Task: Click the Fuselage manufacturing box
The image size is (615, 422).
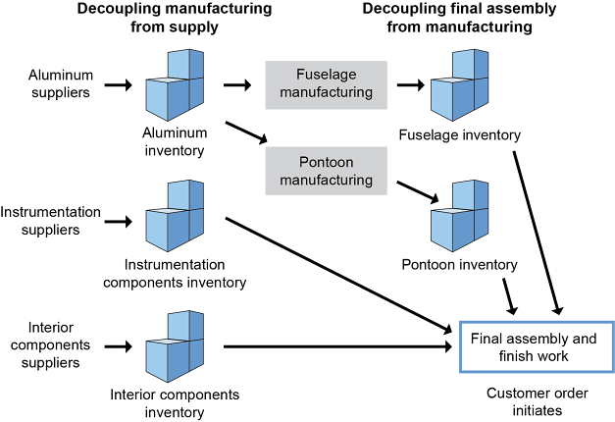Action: point(326,83)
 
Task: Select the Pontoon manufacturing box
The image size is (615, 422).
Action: point(326,170)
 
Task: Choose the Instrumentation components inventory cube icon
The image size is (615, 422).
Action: point(175,215)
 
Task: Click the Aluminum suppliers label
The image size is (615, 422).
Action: point(59,83)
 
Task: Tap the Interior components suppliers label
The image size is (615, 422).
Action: point(46,345)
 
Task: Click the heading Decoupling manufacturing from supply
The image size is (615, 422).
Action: point(175,19)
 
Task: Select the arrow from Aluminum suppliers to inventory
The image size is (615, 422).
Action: point(118,84)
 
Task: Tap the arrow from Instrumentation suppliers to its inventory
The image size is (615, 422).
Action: point(118,220)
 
